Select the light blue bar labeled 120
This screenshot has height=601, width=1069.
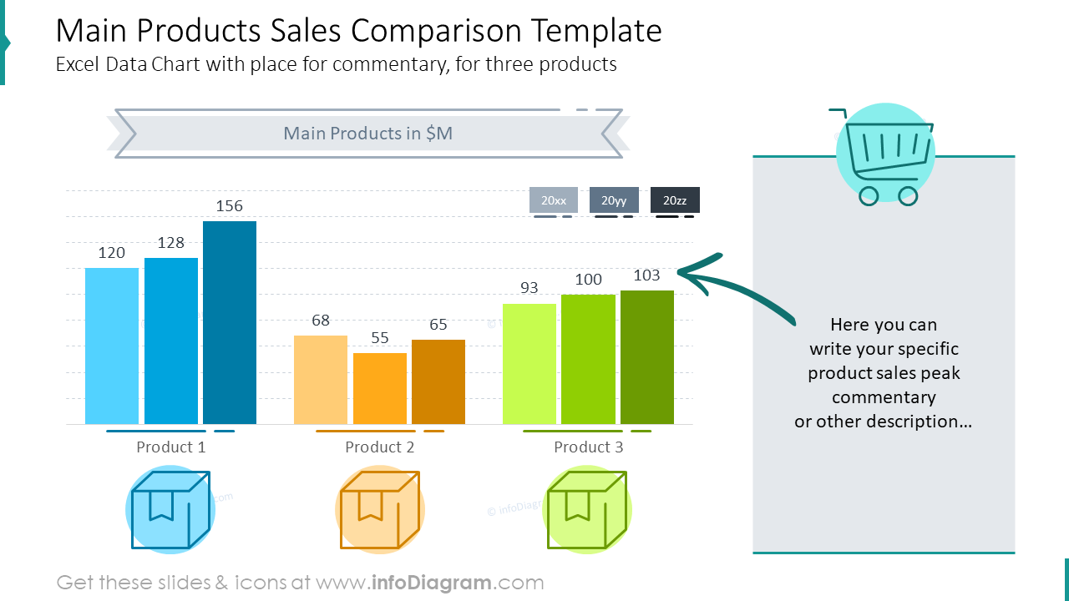[x=112, y=346]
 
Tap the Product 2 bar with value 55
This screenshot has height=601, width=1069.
[x=380, y=388]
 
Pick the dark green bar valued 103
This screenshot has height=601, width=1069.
[x=647, y=356]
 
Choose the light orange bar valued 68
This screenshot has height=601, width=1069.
[x=321, y=379]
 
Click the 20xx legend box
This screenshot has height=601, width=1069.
[x=554, y=200]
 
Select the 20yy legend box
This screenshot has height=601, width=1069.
[x=614, y=200]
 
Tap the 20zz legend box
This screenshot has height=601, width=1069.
[x=675, y=200]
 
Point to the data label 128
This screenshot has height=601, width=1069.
[x=170, y=243]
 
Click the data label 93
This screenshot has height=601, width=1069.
[x=529, y=288]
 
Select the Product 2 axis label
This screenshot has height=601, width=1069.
[x=380, y=447]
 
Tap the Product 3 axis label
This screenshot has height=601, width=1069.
[x=589, y=447]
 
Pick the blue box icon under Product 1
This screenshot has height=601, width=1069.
[x=170, y=510]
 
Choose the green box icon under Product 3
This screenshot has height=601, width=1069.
[x=587, y=510]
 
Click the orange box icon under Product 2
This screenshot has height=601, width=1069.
[x=379, y=510]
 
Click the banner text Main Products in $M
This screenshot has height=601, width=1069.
[x=367, y=134]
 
